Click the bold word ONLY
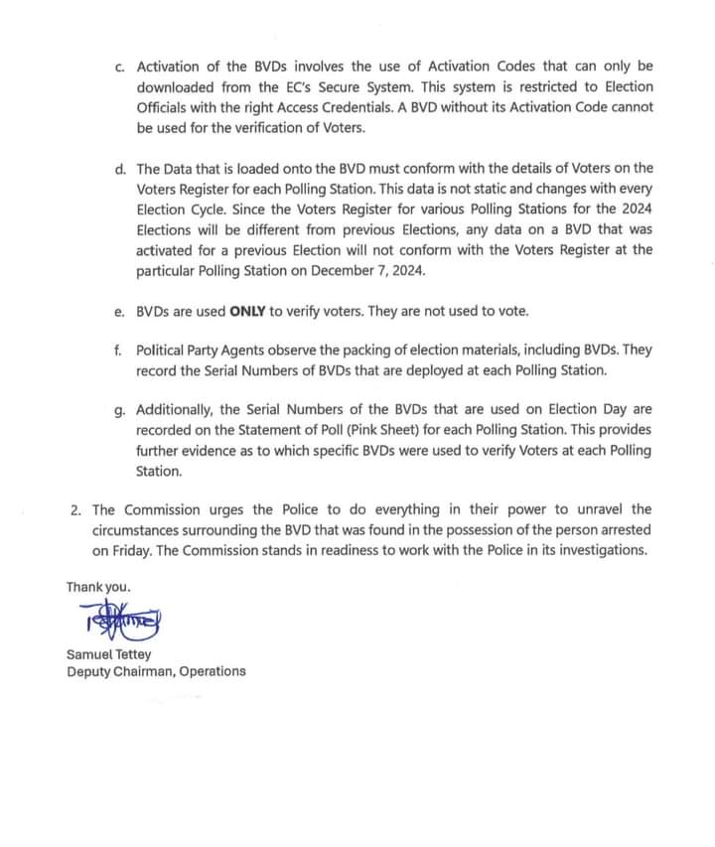249,311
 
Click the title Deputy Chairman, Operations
156,671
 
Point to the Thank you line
98,587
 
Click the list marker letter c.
120,67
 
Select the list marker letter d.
120,170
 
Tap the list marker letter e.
120,311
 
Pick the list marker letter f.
120,351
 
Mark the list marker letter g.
120,409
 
